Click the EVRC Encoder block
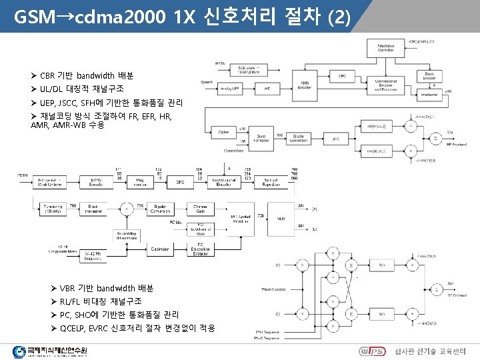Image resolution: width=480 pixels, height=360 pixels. (95, 181)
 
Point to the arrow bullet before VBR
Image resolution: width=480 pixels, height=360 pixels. (54, 289)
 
